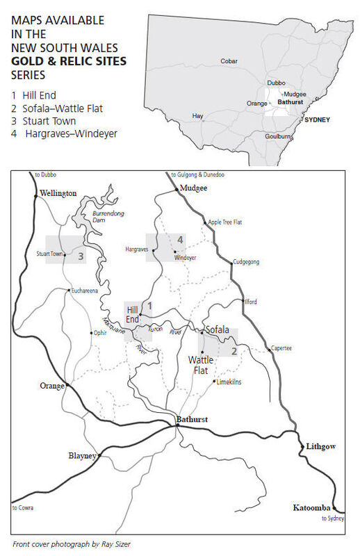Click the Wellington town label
click(x=59, y=194)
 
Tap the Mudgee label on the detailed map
click(x=193, y=188)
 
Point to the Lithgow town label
click(x=320, y=448)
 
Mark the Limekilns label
click(x=229, y=382)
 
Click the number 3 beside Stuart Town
click(x=81, y=256)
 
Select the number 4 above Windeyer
click(x=180, y=240)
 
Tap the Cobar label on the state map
click(x=229, y=61)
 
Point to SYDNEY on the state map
click(x=316, y=120)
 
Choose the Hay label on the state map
click(x=198, y=115)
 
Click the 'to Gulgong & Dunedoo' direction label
click(x=198, y=174)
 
